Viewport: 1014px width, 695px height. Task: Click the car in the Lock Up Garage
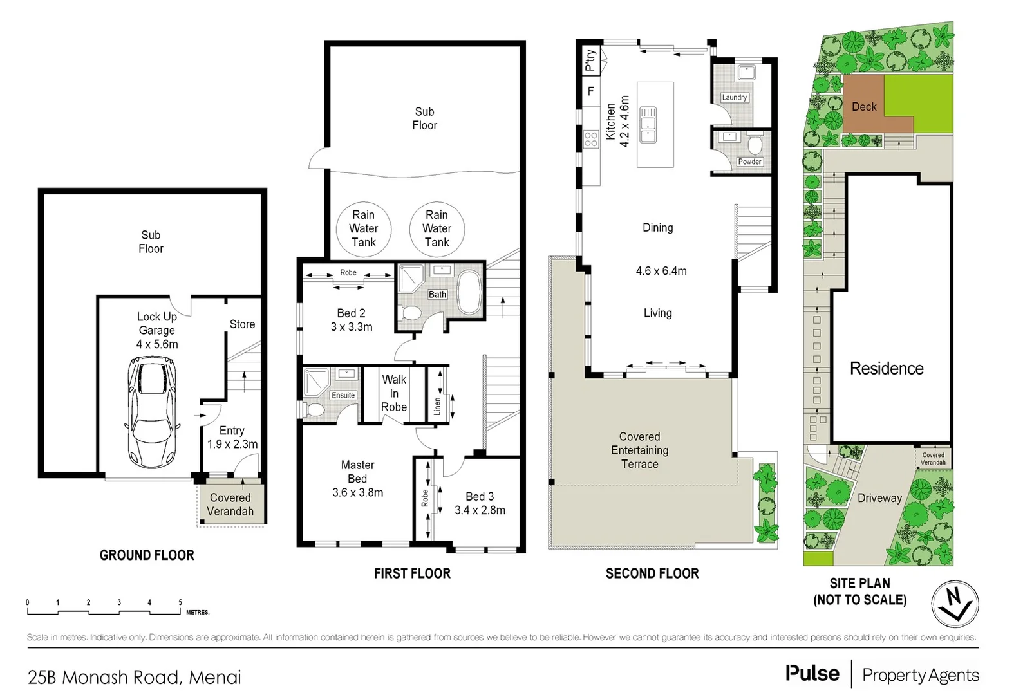(152, 412)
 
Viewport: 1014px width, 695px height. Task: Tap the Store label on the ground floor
(242, 324)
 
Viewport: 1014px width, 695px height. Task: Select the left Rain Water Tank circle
(364, 228)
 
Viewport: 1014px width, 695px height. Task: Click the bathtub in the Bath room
(469, 293)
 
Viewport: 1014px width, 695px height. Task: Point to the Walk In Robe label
(393, 393)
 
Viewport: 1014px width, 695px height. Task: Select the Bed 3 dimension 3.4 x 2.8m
(480, 510)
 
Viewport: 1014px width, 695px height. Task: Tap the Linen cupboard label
(437, 405)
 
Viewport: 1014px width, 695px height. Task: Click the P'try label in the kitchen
(590, 60)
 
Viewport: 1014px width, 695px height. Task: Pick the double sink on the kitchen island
(648, 125)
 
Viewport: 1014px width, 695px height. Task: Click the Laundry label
(734, 97)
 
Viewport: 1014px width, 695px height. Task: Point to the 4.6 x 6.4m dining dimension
(661, 271)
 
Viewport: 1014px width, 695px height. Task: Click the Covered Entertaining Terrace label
(639, 450)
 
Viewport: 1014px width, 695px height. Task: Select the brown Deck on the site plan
(864, 107)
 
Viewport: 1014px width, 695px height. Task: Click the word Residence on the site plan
(887, 368)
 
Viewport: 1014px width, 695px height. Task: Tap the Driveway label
(879, 497)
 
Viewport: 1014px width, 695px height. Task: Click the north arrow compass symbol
(955, 604)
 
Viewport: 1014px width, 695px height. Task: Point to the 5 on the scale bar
(180, 602)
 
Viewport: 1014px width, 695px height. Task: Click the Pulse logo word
(812, 674)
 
